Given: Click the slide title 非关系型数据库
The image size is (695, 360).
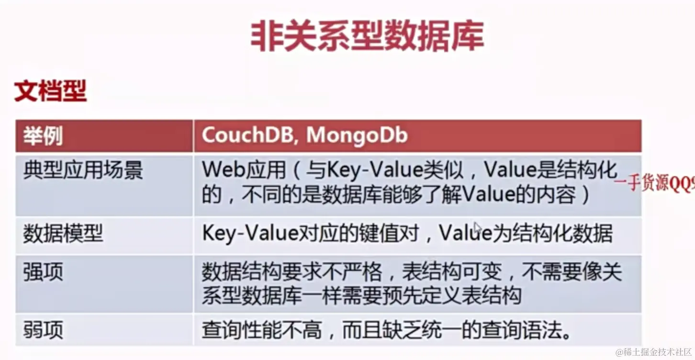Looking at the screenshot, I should point(367,35).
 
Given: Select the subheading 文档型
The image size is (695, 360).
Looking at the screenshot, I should point(50,90).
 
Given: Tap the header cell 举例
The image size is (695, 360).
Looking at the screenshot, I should point(43,136).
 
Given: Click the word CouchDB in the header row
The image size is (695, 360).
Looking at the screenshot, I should point(246,135).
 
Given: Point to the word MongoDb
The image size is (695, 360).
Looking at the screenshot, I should point(357,135).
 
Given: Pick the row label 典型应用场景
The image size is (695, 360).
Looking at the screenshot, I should point(83,169).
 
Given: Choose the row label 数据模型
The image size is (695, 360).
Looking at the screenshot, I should point(63,234).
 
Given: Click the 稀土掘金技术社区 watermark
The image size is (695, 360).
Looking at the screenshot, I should point(654,352).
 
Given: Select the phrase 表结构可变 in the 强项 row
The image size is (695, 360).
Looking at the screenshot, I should point(451,272).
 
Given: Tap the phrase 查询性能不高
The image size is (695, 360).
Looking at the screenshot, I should point(261,330).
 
